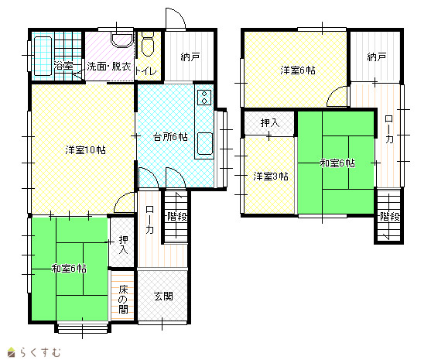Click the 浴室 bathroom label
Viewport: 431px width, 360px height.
(x=63, y=66)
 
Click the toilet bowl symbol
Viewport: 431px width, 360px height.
(x=148, y=44)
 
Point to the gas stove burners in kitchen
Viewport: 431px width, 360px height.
(x=204, y=98)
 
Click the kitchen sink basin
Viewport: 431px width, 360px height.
(x=205, y=143)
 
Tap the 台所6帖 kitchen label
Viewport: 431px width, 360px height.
(x=170, y=137)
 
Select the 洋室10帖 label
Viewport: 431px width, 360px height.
(x=85, y=150)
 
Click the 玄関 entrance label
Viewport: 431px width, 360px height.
(x=163, y=297)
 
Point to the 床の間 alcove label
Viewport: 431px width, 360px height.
(x=123, y=300)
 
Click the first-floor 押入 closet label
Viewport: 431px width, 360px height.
(x=123, y=245)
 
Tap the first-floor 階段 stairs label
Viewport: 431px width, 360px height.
(x=177, y=217)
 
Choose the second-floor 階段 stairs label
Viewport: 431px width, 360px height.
(x=390, y=217)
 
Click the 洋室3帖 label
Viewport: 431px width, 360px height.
(x=271, y=177)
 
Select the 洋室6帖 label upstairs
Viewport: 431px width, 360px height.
(x=298, y=70)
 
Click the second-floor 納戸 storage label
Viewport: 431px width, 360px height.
(x=377, y=57)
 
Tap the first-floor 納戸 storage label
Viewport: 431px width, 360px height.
(x=190, y=57)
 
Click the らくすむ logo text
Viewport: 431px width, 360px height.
(x=40, y=352)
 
